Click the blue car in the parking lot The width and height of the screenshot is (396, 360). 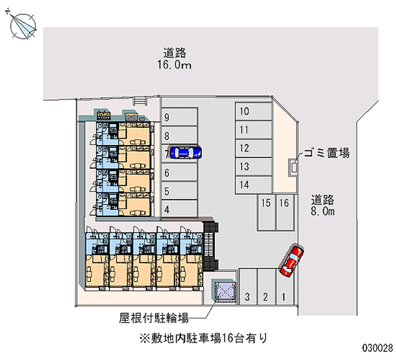tap(186, 153)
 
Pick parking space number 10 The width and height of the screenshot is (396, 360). tap(253, 111)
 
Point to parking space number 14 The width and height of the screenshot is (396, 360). tap(253, 185)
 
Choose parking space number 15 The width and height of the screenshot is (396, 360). tap(266, 212)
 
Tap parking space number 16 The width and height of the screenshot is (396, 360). tap(285, 212)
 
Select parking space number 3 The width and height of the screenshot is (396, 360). tap(248, 287)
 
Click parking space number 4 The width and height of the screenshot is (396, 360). tap(179, 208)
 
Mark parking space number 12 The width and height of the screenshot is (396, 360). tap(253, 148)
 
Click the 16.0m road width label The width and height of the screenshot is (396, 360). tap(175, 65)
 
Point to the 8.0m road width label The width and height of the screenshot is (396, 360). tap(323, 211)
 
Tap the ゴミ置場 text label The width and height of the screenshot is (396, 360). tap(327, 153)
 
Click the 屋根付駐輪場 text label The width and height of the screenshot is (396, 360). tap(154, 318)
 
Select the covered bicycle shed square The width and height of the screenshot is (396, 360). tap(225, 292)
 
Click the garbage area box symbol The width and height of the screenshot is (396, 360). tap(294, 167)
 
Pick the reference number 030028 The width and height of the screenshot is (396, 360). tap(378, 348)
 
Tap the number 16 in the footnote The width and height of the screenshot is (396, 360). tap(227, 338)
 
